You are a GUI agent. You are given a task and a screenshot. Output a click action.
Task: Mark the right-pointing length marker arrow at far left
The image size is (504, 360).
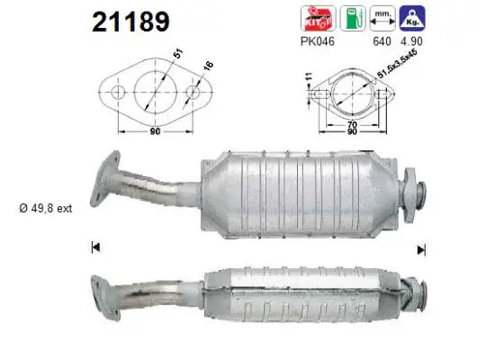point(94,246)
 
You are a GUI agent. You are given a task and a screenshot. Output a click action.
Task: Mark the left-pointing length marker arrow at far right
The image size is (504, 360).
point(418,246)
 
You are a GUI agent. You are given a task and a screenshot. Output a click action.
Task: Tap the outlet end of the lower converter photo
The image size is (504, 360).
point(417,289)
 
